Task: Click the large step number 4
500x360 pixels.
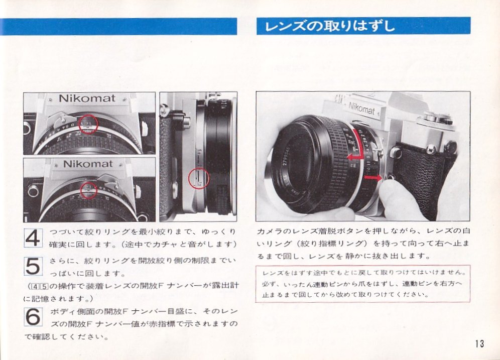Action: click(33, 238)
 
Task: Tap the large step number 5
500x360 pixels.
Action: click(33, 266)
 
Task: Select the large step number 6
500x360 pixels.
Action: click(33, 316)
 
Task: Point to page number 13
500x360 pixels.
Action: click(479, 344)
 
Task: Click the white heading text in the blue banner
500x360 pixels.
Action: click(330, 26)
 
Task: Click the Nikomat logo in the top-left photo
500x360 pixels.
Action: click(87, 98)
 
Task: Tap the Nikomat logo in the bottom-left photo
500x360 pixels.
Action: click(88, 164)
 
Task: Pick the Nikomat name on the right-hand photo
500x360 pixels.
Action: click(361, 108)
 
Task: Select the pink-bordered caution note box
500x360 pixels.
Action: click(362, 284)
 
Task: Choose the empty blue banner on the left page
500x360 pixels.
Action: click(118, 27)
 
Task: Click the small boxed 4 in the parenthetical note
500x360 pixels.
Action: click(34, 286)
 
